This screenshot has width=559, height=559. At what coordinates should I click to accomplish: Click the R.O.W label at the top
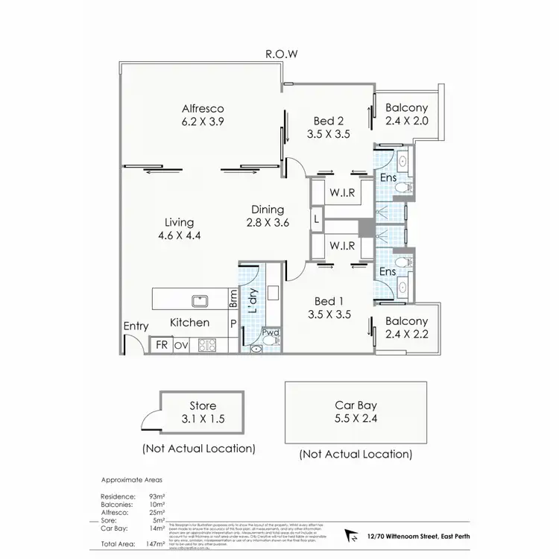[x=280, y=54]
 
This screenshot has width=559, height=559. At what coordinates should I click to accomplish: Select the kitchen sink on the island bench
[x=199, y=301]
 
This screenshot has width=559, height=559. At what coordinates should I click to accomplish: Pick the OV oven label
[x=181, y=345]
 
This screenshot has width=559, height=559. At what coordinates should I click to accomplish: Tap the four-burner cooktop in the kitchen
[x=206, y=345]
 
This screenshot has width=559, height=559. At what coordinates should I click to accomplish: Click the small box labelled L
[x=317, y=219]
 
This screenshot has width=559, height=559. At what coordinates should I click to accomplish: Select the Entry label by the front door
[x=136, y=326]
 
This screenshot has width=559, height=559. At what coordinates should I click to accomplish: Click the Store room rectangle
[x=203, y=411]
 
